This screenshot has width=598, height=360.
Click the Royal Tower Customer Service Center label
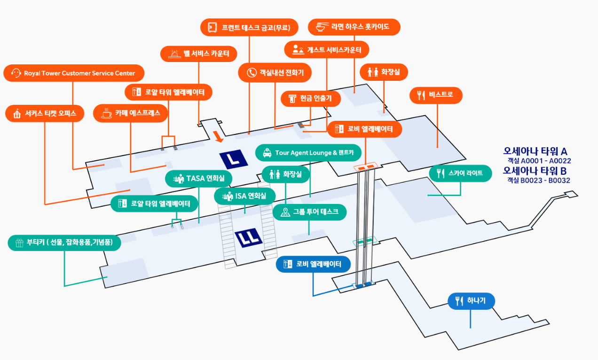pos(74,73)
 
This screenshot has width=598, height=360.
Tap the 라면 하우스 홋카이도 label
pos(354,27)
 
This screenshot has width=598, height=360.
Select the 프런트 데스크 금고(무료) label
pos(249,27)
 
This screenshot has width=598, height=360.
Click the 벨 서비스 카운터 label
pos(198,54)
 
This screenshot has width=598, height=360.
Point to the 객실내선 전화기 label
pos(275,72)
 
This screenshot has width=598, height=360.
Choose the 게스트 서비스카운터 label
pos(326,50)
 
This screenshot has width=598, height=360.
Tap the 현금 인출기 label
pos(311,99)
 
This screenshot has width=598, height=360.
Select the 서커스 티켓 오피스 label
pos(45,113)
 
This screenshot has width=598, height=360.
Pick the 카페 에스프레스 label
pos(131,113)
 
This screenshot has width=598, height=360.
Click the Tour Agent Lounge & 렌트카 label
pos(308,153)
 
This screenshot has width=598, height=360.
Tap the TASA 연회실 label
pos(198,178)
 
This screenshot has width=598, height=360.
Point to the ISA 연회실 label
pos(244,196)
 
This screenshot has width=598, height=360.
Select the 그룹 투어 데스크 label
pos(309,212)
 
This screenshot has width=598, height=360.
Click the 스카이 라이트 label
pos(460,173)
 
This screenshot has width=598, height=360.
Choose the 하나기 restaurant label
pos(471,301)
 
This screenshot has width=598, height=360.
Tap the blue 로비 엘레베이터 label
pos(313,264)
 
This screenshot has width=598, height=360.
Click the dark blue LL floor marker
pos(248,237)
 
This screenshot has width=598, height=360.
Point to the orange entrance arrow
pos(218,136)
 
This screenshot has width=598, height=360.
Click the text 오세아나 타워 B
pos(535,171)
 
